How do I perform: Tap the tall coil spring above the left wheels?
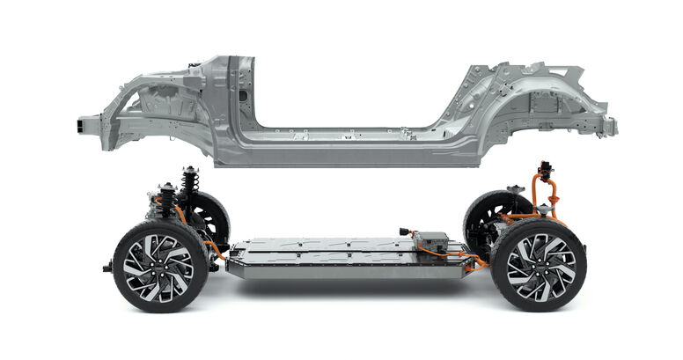(188, 187)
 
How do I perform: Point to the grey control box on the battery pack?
(432, 242)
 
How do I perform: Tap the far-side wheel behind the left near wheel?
(209, 218)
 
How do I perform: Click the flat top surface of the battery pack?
(326, 250)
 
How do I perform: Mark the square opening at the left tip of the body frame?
(88, 126)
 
